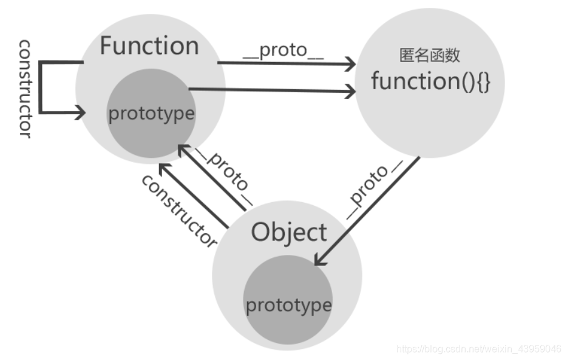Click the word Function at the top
149,47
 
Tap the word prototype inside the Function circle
151,114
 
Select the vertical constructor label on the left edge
25,89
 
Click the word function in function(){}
407,81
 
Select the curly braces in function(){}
482,81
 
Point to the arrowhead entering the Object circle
319,262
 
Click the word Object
289,233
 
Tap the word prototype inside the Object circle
288,304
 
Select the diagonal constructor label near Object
179,210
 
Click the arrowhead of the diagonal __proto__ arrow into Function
180,149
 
